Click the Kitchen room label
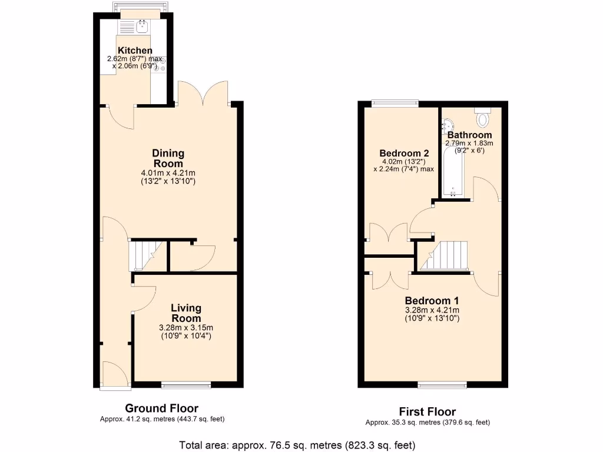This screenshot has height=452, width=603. (135, 51)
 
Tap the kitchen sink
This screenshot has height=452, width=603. (142, 25)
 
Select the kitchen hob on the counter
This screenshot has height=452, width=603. (161, 64)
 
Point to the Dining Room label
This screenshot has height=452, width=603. (168, 158)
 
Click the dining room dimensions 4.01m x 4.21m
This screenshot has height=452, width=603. (168, 173)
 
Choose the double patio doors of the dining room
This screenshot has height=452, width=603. (203, 94)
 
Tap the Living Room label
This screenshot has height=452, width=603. (186, 313)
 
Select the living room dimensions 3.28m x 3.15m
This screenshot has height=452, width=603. (186, 328)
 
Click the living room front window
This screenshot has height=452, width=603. (186, 385)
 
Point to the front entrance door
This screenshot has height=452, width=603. (114, 374)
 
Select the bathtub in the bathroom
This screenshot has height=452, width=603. (453, 172)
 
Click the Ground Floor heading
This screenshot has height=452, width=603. (161, 408)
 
